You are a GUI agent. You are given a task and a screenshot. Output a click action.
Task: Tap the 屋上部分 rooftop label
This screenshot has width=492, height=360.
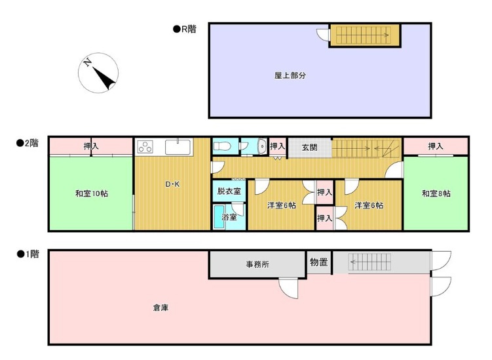290,75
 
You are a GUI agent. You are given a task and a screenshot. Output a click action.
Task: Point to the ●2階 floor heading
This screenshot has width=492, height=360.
28,142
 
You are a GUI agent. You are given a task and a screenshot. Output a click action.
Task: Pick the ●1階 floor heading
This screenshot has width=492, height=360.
28,253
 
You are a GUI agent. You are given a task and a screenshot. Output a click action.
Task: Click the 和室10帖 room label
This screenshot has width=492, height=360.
90,193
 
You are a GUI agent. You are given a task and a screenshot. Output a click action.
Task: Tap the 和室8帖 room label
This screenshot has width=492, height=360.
436,193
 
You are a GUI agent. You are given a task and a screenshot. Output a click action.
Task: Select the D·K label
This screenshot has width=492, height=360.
172,184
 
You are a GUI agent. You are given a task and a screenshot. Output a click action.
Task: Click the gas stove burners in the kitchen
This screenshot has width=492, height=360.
145,147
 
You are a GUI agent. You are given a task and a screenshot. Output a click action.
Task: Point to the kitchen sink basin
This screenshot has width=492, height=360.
178,146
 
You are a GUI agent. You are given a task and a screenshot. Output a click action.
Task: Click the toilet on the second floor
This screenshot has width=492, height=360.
221,146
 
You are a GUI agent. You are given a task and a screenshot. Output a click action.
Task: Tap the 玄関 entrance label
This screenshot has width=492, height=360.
309,148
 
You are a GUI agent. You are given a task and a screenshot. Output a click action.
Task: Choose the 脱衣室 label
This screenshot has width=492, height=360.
229,191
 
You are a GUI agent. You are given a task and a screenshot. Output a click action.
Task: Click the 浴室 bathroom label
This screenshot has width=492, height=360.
229,217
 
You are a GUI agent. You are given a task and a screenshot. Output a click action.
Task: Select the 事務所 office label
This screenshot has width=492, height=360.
257,264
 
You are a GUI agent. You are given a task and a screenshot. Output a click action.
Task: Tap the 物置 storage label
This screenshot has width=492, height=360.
319,263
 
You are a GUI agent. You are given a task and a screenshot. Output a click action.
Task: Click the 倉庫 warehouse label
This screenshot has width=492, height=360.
161,307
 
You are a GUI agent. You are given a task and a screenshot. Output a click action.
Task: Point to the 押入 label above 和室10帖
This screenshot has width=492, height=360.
91,146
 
